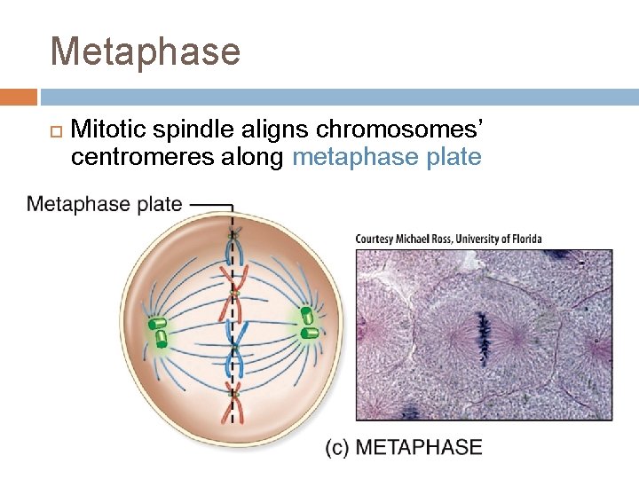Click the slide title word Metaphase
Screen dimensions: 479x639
(146, 51)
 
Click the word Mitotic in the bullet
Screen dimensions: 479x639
(109, 130)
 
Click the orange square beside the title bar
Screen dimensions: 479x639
(19, 97)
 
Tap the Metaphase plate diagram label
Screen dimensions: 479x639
(104, 205)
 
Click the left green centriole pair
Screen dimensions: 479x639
(159, 331)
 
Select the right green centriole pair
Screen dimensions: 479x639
(308, 323)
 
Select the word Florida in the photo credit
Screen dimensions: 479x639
(524, 239)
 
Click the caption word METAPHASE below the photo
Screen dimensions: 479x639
(418, 446)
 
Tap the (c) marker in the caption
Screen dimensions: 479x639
(337, 446)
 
